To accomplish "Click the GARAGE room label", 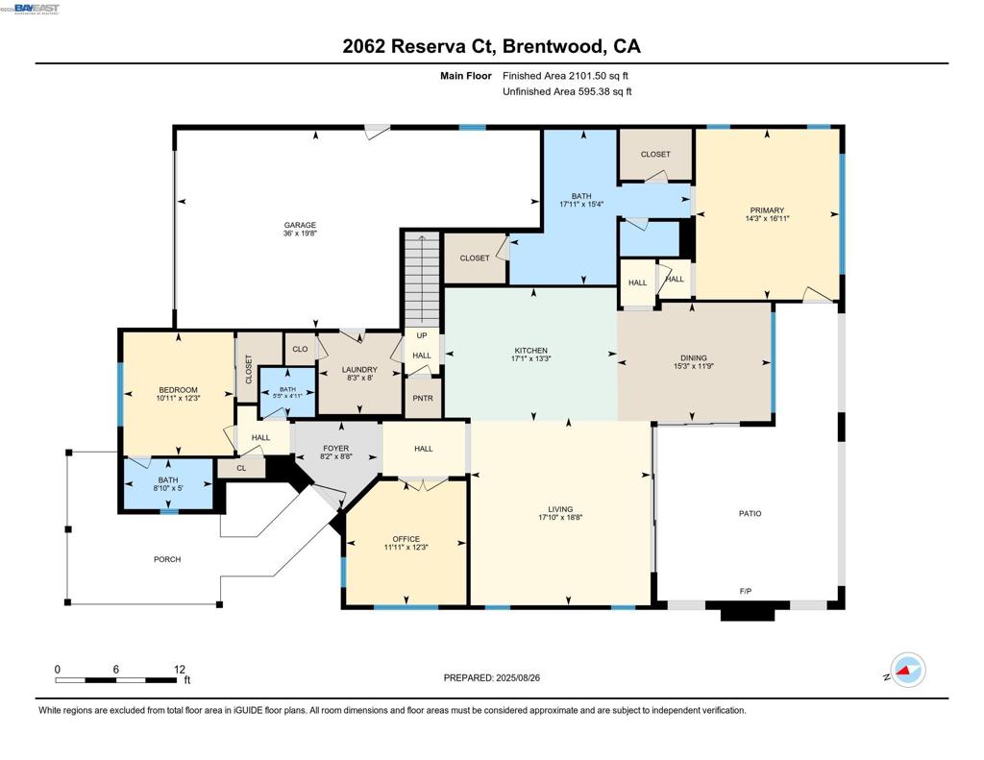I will click(299, 226).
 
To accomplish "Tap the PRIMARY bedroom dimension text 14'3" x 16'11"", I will click(767, 219).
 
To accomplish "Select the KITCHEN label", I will click(530, 351).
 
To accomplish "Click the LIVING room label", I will click(560, 509).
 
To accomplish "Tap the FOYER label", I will click(335, 448).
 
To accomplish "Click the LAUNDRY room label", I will click(359, 370).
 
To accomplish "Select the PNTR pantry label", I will click(422, 398).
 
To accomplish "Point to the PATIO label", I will click(750, 513).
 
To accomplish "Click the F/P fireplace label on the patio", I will click(745, 591).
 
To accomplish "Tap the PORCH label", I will click(167, 559).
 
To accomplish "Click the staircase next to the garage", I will click(420, 278).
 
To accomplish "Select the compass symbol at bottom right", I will click(906, 671).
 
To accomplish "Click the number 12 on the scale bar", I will click(179, 669).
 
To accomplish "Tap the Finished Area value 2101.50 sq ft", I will click(566, 75).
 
